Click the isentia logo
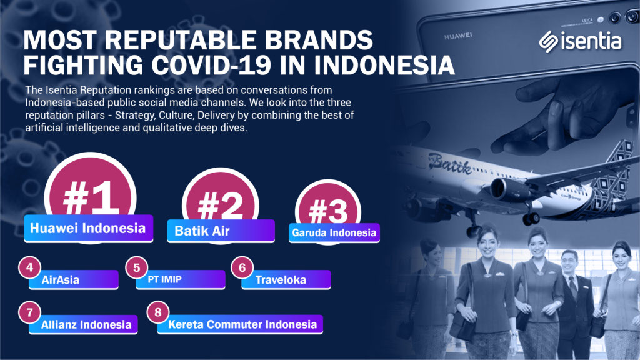tap(580, 41)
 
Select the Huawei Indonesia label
tap(89, 228)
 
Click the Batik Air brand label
tap(221, 231)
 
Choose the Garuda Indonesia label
tap(334, 233)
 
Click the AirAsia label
tap(74, 279)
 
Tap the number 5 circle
tap(137, 267)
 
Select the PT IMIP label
tap(181, 279)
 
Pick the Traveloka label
tap(286, 279)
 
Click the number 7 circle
tap(30, 312)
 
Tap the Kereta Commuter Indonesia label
tap(241, 324)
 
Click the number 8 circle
tap(158, 312)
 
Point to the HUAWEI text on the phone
tap(458, 36)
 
